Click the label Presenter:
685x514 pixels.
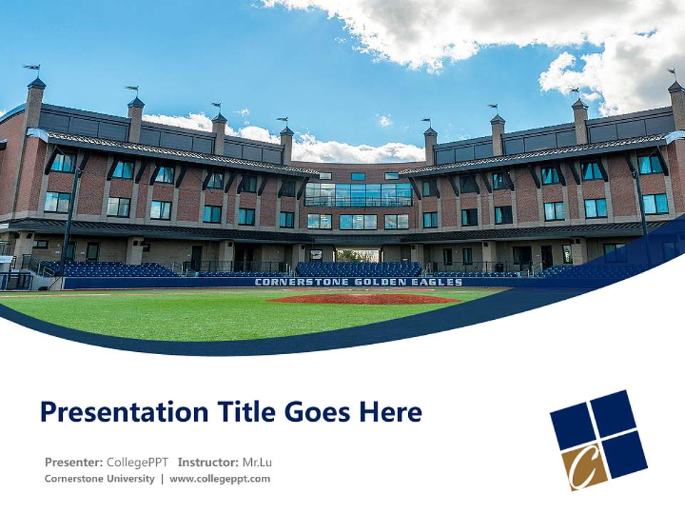click(74, 462)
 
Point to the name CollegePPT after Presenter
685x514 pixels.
click(138, 462)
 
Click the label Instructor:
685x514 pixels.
click(208, 462)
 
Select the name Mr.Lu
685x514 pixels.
click(257, 462)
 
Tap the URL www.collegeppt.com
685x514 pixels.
click(220, 478)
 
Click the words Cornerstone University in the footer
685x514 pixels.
click(99, 478)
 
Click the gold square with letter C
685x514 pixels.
click(584, 466)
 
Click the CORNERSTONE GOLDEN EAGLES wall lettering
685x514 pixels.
click(358, 282)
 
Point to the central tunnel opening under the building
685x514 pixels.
click(358, 255)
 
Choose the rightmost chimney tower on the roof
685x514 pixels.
click(676, 104)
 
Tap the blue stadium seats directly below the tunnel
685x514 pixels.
click(358, 269)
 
